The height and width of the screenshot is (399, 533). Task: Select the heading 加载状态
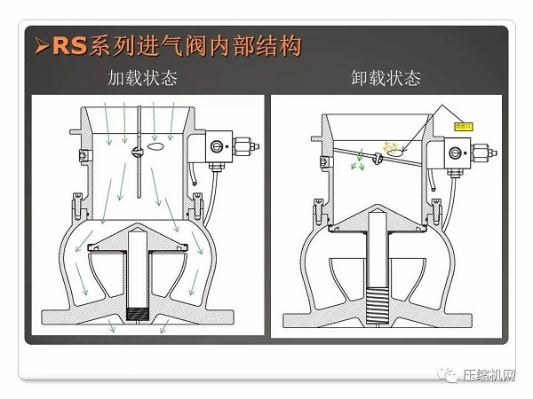[148, 78]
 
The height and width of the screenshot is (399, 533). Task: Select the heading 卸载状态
[386, 78]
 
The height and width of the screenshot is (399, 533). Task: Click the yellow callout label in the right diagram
[462, 126]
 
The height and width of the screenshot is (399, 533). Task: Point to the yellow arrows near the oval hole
[391, 145]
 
